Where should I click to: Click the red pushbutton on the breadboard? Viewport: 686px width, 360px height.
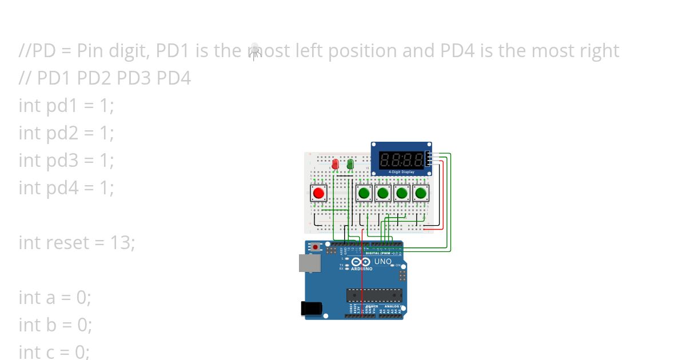pos(319,193)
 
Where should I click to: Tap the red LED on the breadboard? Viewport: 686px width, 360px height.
pos(336,165)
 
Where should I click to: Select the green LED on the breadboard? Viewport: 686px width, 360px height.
pos(350,165)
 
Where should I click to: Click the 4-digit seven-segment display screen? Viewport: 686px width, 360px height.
pos(402,159)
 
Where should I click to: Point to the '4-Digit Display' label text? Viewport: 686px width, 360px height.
pos(401,171)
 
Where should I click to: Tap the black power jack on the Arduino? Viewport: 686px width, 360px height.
pos(312,309)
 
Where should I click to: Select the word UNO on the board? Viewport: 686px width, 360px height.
pos(383,262)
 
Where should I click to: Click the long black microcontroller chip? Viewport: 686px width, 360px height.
pos(374,295)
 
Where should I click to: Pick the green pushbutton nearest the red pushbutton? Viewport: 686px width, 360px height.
pos(364,193)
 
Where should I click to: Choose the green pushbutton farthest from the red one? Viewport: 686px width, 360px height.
pos(421,193)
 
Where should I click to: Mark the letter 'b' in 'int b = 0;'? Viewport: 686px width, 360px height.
pos(51,325)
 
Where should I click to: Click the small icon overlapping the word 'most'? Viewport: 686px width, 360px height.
pos(255,50)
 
